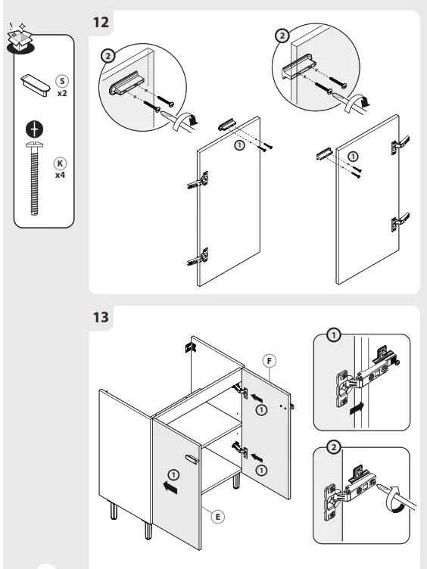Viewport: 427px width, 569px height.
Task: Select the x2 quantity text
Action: coord(61,93)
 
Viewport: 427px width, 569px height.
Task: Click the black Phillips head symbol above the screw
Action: coord(33,129)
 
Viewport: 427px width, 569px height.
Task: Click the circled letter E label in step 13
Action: coord(217,516)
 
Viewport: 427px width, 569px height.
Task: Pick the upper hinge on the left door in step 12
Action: coord(198,180)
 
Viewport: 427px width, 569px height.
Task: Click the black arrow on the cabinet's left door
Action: coord(171,489)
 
